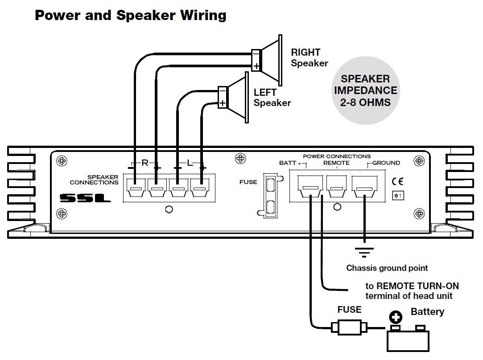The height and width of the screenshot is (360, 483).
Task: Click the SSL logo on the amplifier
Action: point(85,198)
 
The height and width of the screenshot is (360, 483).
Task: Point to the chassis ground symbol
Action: point(365,253)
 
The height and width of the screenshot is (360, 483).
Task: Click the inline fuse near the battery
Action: point(350,328)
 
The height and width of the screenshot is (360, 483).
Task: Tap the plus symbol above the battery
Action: point(395,317)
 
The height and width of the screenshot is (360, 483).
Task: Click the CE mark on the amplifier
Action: point(397,181)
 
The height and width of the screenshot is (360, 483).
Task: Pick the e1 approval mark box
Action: point(397,195)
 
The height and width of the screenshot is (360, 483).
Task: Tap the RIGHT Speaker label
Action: point(309,58)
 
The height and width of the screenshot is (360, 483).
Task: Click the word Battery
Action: point(427,311)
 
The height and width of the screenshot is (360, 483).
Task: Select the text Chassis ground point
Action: point(387,268)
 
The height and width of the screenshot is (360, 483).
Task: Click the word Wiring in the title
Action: point(203,16)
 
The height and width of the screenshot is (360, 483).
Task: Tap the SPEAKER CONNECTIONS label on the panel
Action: point(94,180)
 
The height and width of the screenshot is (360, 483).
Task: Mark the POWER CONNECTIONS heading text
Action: point(337,156)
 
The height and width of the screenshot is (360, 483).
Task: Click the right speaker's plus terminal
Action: point(256,66)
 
